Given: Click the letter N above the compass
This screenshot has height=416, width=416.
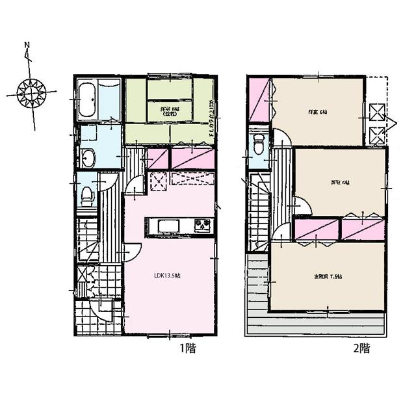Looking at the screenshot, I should [27, 45].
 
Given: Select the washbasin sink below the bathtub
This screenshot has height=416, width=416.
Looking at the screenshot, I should [87, 156].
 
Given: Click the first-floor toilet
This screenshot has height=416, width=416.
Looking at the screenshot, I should [87, 192].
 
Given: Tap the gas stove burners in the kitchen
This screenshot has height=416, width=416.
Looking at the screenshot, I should [202, 226].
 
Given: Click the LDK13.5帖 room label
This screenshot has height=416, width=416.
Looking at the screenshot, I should [167, 276].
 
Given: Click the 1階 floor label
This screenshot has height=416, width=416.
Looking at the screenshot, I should [187, 348].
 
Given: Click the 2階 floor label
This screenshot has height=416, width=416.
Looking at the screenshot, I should [361, 348].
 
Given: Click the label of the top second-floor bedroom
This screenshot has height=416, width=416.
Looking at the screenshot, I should [317, 112].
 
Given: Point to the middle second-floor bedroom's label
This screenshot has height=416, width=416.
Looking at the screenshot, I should [335, 182].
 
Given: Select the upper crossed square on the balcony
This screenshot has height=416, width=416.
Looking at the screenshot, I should [376, 110].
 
